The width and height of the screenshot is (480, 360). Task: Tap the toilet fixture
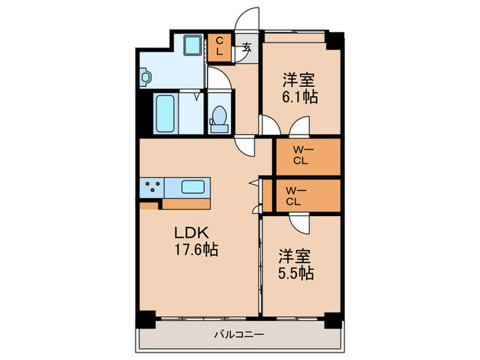(x=219, y=117)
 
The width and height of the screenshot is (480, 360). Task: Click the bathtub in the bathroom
(x=166, y=114)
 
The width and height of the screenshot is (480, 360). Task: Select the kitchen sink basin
(x=193, y=187)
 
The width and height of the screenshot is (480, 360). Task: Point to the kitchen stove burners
(x=152, y=187)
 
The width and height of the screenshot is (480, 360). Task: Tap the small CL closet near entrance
(x=219, y=47)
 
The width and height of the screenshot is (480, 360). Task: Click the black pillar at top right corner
(x=333, y=40)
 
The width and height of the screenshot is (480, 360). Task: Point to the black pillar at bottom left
(x=145, y=319)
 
